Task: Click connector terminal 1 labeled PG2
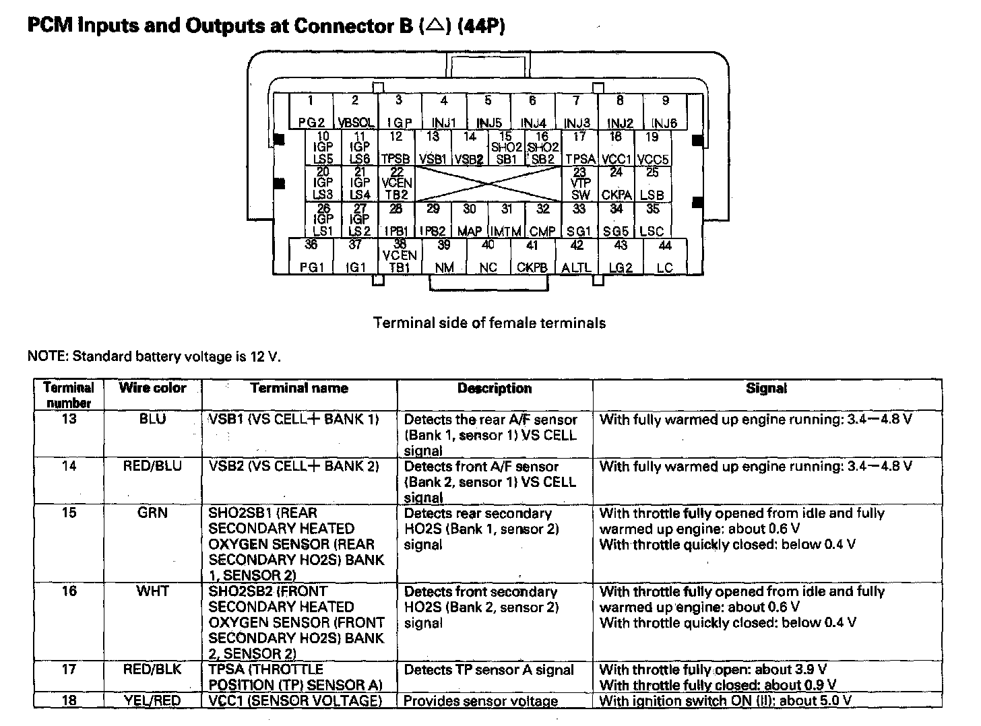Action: (x=311, y=111)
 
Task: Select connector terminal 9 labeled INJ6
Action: (x=665, y=111)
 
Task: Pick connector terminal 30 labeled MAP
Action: (x=470, y=220)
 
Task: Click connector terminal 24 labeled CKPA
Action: (x=616, y=184)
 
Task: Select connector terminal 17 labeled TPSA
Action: (x=580, y=148)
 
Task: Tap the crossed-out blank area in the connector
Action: (x=488, y=184)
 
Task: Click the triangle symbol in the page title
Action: (x=435, y=26)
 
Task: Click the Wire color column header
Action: (x=152, y=388)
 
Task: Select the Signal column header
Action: (x=766, y=389)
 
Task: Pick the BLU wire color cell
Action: (x=152, y=419)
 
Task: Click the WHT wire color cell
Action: (x=152, y=591)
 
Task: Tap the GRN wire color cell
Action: (x=152, y=513)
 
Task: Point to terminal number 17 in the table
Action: (x=69, y=669)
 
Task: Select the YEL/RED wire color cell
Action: (x=152, y=700)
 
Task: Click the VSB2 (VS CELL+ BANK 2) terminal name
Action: (x=294, y=466)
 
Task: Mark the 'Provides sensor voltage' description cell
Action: (x=480, y=700)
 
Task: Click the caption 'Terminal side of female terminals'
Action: (x=489, y=323)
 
